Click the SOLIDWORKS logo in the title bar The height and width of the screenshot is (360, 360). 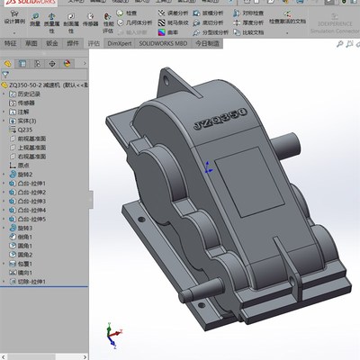[x=27, y=4]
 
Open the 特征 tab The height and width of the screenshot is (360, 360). [x=10, y=42]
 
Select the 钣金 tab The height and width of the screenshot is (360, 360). [x=52, y=42]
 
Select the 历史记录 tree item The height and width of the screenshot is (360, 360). [x=31, y=94]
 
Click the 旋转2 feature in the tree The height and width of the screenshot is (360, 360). [x=27, y=174]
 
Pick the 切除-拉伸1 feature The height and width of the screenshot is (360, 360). [x=34, y=282]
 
